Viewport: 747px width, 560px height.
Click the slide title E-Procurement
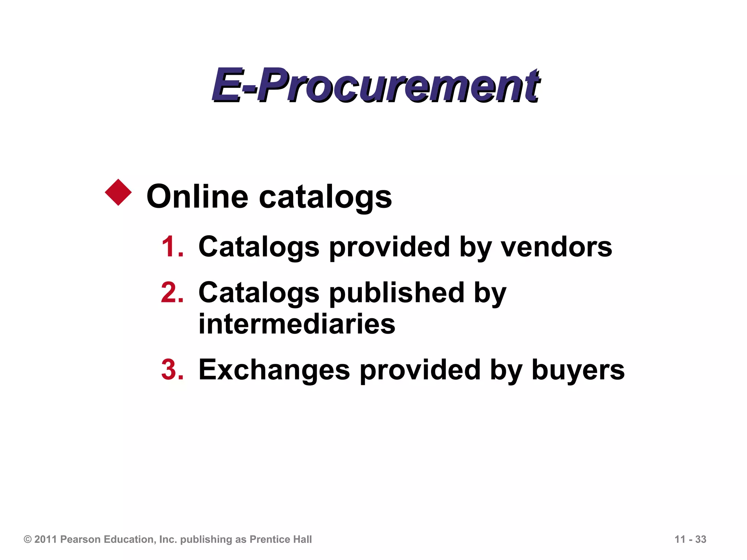(x=376, y=86)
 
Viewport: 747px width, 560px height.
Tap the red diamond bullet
(x=118, y=192)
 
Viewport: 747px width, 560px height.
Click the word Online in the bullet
(x=197, y=197)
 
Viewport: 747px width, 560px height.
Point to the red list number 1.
(x=172, y=247)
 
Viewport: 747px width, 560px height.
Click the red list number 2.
(x=172, y=292)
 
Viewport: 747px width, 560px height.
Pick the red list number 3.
(x=172, y=370)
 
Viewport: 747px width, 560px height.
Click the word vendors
(x=556, y=247)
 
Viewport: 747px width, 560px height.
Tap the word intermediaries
(x=297, y=324)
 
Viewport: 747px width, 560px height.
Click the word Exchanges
(x=274, y=370)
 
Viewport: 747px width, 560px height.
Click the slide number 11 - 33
(x=690, y=539)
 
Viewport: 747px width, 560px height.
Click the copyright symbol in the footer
(x=28, y=540)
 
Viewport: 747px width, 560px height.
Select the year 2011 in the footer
(x=46, y=540)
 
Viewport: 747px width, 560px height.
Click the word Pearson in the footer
(x=81, y=540)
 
